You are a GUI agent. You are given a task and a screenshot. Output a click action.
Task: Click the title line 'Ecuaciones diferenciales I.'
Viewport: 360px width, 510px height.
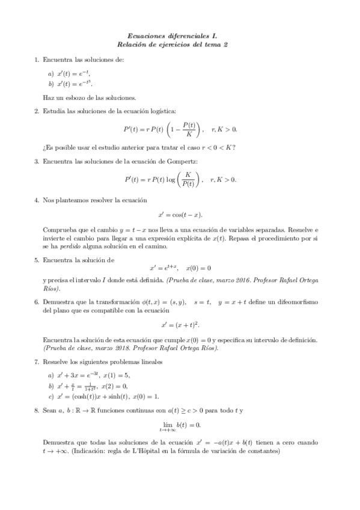coord(180,36)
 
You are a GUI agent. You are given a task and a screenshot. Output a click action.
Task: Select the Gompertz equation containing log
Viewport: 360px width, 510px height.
coord(180,179)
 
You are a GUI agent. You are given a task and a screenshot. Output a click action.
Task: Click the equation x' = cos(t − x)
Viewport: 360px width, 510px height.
coord(180,214)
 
